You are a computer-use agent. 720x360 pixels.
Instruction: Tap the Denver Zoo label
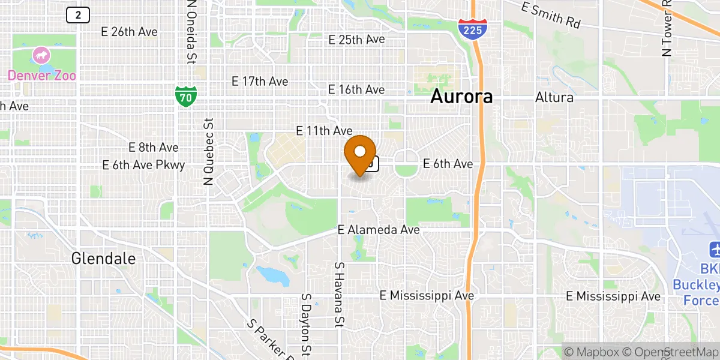42,76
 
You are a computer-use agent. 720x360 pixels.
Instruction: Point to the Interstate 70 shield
185,96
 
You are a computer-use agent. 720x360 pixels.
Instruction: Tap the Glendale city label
103,259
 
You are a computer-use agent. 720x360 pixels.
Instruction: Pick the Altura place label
554,97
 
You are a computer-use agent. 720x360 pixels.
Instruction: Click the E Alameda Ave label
378,230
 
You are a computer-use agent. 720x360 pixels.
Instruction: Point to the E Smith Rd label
551,16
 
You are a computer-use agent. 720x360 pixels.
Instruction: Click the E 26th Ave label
130,32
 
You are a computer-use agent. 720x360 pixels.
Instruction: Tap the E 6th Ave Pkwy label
143,164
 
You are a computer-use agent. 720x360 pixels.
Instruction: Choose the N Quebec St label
209,151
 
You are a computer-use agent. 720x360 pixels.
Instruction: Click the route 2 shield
78,15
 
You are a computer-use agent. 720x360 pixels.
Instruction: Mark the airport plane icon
715,248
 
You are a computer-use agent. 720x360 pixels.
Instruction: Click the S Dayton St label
306,324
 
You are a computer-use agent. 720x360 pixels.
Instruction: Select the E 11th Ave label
324,130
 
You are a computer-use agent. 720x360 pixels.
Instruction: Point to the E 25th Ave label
356,40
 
